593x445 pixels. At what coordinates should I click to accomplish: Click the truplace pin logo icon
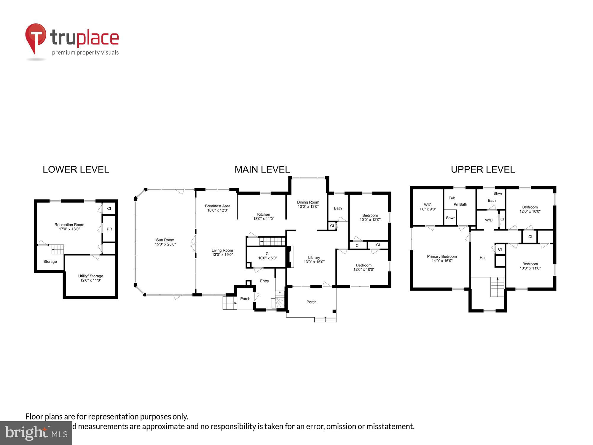pyautogui.click(x=36, y=39)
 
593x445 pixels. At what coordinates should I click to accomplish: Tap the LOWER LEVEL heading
pyautogui.click(x=76, y=169)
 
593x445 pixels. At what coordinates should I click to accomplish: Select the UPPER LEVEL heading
pyautogui.click(x=483, y=169)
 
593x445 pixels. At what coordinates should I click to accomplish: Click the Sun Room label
pyautogui.click(x=165, y=242)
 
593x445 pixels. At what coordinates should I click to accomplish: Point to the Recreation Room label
pyautogui.click(x=69, y=227)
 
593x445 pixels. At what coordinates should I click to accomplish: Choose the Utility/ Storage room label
pyautogui.click(x=91, y=278)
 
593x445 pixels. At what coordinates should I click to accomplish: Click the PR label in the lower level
pyautogui.click(x=109, y=229)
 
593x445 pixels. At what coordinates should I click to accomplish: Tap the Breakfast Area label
pyautogui.click(x=218, y=208)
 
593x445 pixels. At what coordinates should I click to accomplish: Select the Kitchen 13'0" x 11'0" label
pyautogui.click(x=264, y=216)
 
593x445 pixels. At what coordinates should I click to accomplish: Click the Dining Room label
pyautogui.click(x=308, y=204)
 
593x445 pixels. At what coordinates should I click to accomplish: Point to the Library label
pyautogui.click(x=314, y=260)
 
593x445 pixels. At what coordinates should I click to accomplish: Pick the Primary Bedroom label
pyautogui.click(x=442, y=258)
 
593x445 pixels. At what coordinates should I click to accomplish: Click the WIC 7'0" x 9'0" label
pyautogui.click(x=428, y=207)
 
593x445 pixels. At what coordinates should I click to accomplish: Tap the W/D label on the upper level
pyautogui.click(x=489, y=220)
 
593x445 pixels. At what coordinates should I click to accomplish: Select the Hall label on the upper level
pyautogui.click(x=483, y=258)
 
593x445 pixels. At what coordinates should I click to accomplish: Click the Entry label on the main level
pyautogui.click(x=264, y=281)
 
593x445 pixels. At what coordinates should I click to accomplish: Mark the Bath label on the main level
pyautogui.click(x=338, y=208)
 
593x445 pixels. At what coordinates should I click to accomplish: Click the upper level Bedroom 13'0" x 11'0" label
pyautogui.click(x=530, y=266)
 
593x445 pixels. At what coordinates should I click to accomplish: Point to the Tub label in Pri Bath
pyautogui.click(x=452, y=198)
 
